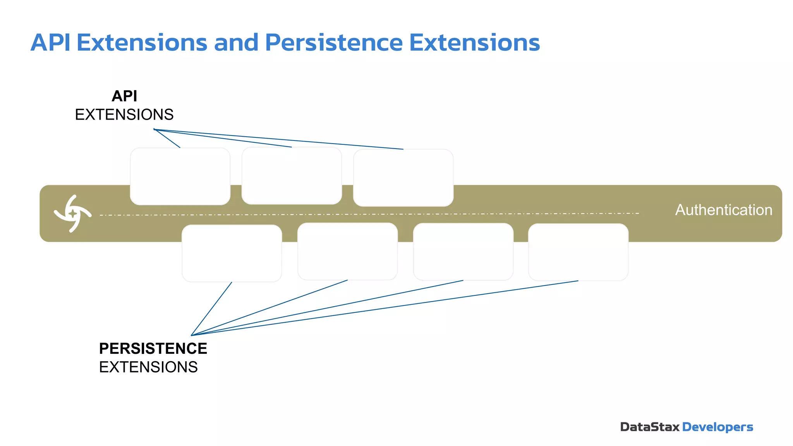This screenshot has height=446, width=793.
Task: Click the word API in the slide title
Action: pyautogui.click(x=50, y=43)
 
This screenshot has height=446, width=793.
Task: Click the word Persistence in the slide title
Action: pyautogui.click(x=334, y=43)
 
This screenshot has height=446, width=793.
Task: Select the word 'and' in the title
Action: pyautogui.click(x=236, y=43)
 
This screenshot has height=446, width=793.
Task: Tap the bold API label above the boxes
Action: pyautogui.click(x=124, y=96)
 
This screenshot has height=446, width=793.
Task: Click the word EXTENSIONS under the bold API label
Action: pyautogui.click(x=124, y=115)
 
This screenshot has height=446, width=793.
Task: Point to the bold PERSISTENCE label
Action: pyautogui.click(x=153, y=348)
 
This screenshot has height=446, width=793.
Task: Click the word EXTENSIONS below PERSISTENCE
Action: pyautogui.click(x=148, y=367)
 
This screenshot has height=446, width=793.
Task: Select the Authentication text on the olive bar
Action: pyautogui.click(x=724, y=210)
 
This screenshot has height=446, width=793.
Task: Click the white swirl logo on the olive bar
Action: pyautogui.click(x=72, y=213)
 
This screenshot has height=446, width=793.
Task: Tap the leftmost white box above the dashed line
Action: pyautogui.click(x=180, y=176)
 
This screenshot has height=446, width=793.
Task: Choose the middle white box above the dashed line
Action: pyautogui.click(x=292, y=175)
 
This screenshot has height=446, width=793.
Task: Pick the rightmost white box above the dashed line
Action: pyautogui.click(x=403, y=178)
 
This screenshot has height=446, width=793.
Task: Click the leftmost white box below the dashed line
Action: pyautogui.click(x=232, y=253)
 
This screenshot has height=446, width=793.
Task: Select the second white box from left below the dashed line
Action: pyautogui.click(x=347, y=251)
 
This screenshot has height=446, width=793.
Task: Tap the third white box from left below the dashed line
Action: pyautogui.click(x=463, y=252)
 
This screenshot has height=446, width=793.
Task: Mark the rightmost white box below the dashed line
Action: pyautogui.click(x=578, y=252)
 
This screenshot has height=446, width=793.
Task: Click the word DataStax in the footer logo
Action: pyautogui.click(x=650, y=427)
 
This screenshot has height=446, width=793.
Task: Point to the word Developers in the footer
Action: pyautogui.click(x=717, y=427)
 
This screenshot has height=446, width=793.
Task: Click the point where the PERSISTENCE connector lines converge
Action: pyautogui.click(x=191, y=335)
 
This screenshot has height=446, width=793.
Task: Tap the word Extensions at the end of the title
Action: pyautogui.click(x=474, y=43)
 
